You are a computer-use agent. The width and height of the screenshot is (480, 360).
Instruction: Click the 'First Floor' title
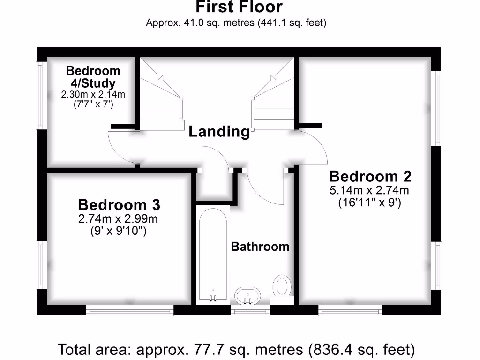click(239, 7)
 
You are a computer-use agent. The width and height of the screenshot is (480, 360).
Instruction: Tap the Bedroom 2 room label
click(370, 177)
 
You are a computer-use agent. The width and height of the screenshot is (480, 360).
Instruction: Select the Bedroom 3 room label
click(119, 205)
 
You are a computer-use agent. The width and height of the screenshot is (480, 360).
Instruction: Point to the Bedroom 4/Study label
click(93, 77)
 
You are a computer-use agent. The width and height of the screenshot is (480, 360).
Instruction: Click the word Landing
click(219, 132)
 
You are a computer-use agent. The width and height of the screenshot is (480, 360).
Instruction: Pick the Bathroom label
click(260, 247)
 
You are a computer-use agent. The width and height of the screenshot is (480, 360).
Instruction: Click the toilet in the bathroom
click(282, 286)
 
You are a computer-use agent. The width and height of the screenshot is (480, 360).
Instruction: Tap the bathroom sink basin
click(247, 295)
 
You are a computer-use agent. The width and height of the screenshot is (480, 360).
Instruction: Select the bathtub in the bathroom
click(212, 255)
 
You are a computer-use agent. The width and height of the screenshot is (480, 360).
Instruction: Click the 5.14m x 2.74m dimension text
click(369, 190)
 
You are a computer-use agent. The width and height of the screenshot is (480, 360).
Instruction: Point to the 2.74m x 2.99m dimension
click(119, 218)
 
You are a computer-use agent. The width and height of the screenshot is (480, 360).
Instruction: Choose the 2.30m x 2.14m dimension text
click(93, 94)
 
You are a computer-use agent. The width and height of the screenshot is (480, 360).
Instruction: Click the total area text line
click(236, 350)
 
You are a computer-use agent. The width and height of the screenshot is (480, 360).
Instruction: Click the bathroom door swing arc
click(262, 187)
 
